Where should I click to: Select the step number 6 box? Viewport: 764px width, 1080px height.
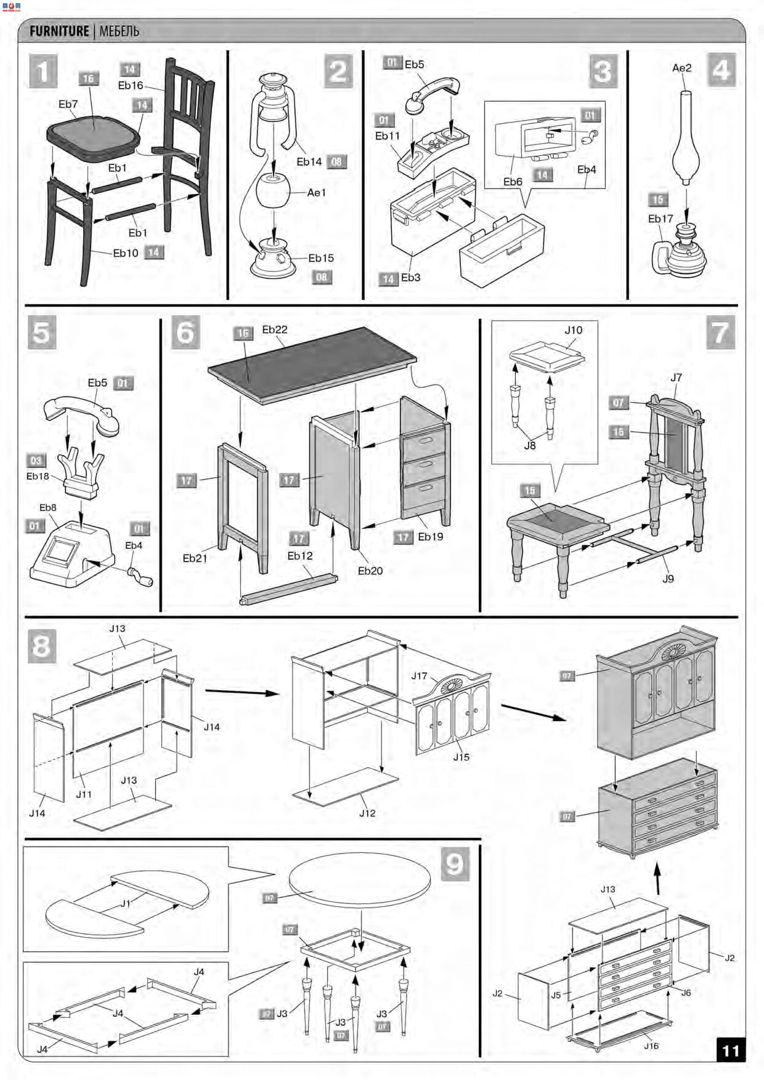pos(185,332)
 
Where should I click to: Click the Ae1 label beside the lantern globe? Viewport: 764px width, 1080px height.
pos(316,192)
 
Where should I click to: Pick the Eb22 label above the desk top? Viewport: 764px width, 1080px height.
pos(274,330)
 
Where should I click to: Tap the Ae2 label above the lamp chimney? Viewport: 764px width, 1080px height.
pos(682,68)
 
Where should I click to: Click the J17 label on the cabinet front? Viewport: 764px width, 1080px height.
pos(419,676)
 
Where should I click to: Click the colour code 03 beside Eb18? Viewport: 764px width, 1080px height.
pos(36,461)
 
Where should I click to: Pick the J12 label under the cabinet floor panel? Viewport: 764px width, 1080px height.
pos(367,813)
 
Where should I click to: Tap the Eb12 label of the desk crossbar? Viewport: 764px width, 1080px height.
pos(300,555)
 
